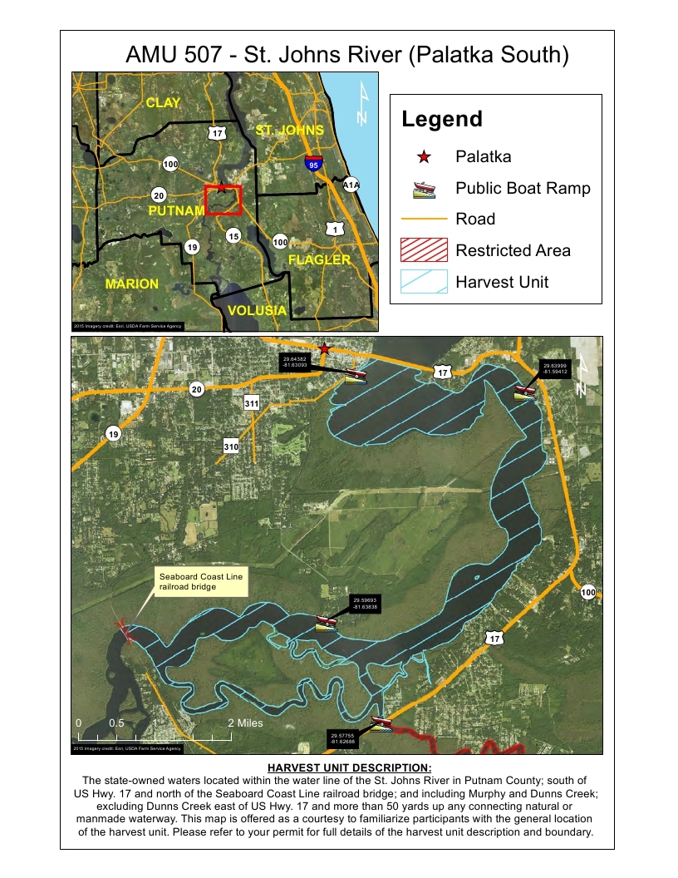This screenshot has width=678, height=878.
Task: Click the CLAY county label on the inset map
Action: point(163,102)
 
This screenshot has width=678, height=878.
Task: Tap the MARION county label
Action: point(131,284)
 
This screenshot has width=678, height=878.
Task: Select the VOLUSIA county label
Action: point(257,310)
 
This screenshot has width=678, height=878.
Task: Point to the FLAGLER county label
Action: point(319,259)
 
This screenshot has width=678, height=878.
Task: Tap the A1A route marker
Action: point(351,185)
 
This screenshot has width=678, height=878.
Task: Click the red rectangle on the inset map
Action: point(223,200)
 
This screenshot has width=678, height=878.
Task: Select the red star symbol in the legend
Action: point(424,156)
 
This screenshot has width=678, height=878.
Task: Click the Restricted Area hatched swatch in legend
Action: point(424,250)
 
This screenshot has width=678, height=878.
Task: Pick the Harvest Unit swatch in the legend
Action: point(424,282)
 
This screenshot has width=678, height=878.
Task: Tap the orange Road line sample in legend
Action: point(424,219)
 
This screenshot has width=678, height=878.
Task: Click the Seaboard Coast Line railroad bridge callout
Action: point(202,581)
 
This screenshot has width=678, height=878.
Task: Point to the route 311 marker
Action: point(253,403)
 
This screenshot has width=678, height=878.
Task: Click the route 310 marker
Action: point(231,447)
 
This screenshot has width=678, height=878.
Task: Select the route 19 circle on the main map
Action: point(113,433)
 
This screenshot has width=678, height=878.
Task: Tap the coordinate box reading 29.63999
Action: point(554,368)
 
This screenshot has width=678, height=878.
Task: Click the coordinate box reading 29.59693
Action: point(365,604)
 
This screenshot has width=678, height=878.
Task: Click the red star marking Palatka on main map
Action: point(325,348)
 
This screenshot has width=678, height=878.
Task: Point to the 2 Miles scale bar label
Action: point(246,723)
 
